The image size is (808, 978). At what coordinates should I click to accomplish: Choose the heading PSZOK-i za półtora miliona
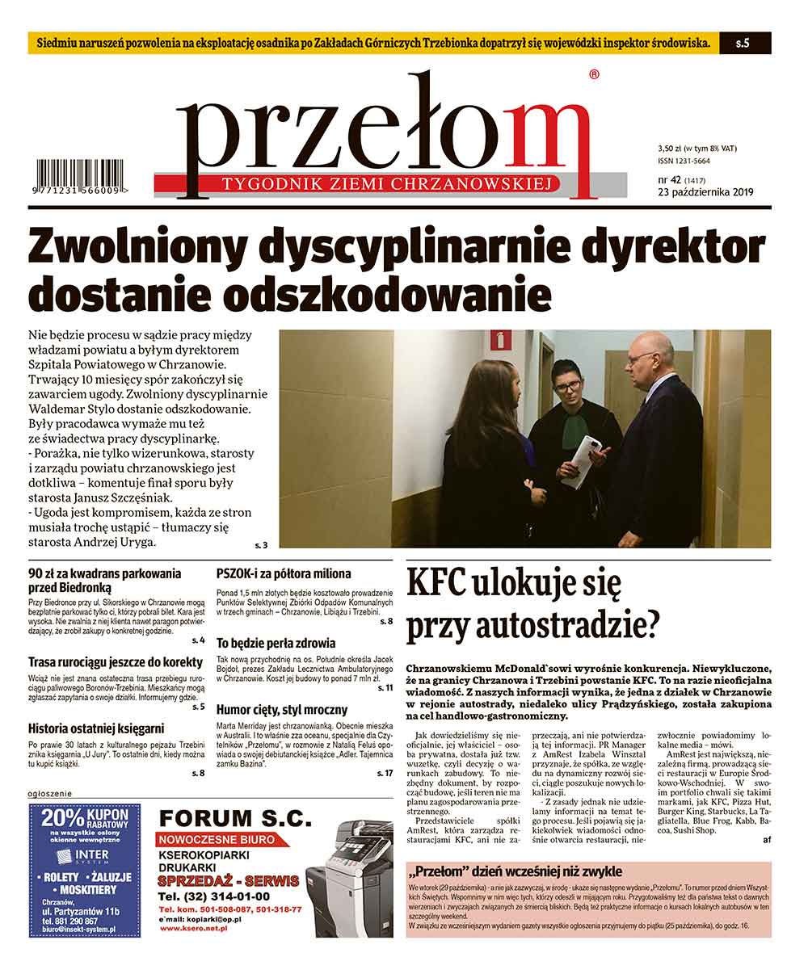284,574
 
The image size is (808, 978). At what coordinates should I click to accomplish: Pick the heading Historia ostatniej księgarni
96,727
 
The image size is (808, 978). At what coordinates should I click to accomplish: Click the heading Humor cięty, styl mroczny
282,710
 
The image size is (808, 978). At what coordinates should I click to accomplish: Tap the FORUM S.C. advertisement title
234,818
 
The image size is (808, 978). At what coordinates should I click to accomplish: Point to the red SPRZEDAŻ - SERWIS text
228,880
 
